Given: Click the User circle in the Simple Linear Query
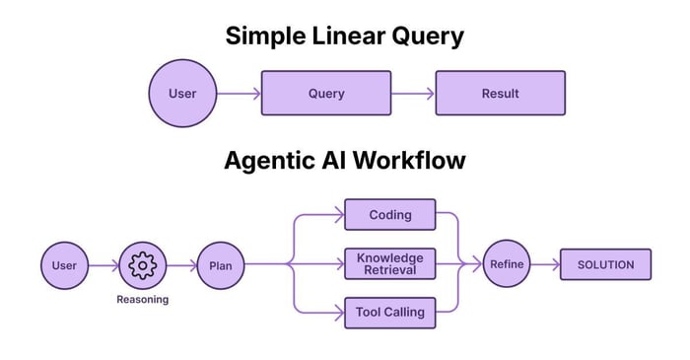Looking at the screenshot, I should point(182,94).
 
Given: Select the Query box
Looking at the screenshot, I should point(326,94).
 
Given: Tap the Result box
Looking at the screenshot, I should point(500,94).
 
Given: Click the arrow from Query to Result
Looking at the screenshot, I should point(413,94).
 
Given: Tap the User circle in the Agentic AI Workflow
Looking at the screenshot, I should point(64,264).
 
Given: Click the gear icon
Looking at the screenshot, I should point(143,264).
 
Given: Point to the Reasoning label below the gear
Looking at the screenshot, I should point(143,300).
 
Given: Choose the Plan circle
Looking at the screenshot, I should point(220,264).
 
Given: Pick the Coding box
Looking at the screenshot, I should point(389,215).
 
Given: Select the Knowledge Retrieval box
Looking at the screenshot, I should point(389,264).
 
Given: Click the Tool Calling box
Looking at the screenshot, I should point(389,313).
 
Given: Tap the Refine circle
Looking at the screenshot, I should point(507,264).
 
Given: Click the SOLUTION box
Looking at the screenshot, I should point(605,264).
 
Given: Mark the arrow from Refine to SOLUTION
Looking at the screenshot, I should point(545,264).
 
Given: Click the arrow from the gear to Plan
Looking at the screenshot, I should point(181,264).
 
